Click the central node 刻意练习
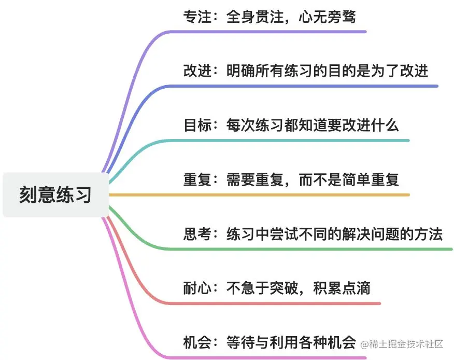click(55, 195)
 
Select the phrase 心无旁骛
click(328, 17)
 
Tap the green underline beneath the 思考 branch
click(311, 249)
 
